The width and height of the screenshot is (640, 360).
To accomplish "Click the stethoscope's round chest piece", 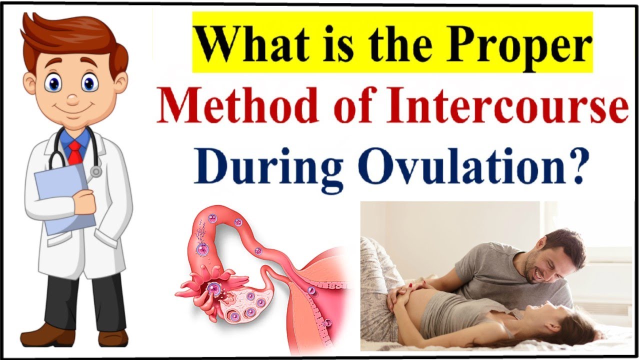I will (x=95, y=171).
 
